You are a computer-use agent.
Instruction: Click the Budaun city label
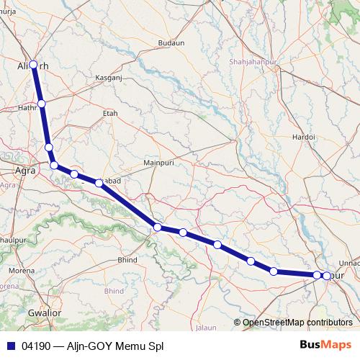(x=171, y=43)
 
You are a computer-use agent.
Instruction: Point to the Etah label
(x=110, y=113)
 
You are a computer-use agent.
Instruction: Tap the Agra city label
(x=26, y=171)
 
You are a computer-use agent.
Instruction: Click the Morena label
(x=21, y=270)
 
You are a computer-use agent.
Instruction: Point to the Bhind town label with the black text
(x=127, y=259)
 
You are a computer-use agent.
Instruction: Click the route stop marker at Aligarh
(x=33, y=64)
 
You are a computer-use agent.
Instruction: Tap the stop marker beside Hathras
(x=42, y=104)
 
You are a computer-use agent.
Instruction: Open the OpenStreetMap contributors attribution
(x=297, y=323)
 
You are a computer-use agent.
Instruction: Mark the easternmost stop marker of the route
(x=327, y=276)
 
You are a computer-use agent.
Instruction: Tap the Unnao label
(x=349, y=264)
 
